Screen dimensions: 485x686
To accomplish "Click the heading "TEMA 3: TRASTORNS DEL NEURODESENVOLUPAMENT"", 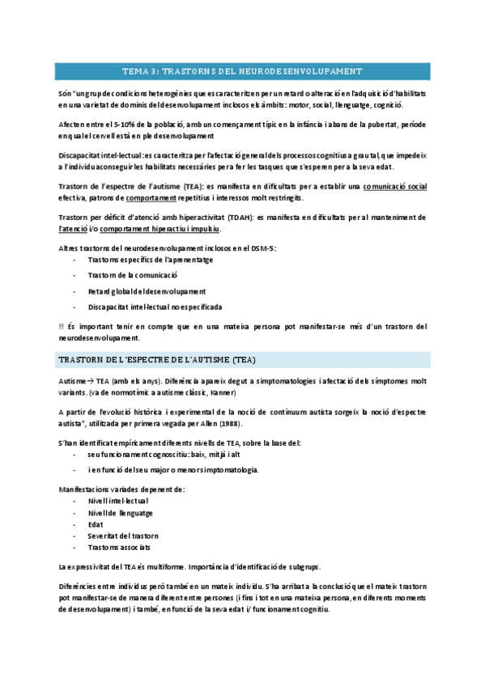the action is tap(242, 71).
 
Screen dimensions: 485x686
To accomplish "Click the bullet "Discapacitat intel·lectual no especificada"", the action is tap(155, 307).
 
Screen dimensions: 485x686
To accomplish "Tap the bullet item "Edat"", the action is tap(96, 524).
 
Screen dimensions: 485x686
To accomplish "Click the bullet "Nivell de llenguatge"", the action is tap(121, 513).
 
